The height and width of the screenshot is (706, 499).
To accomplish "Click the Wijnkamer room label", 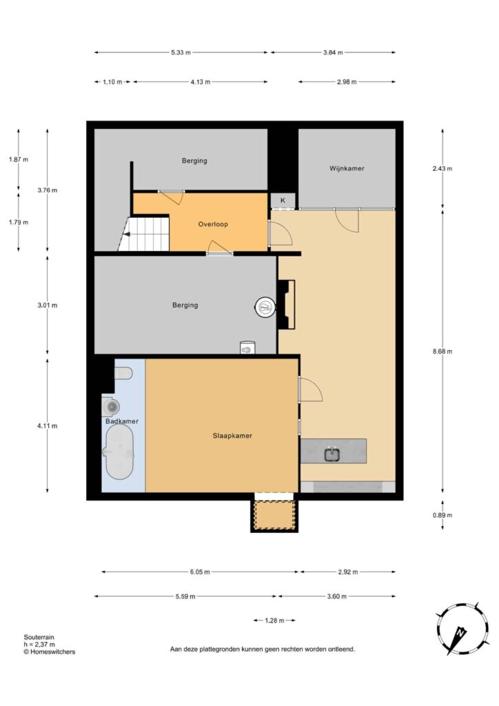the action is click(347, 168).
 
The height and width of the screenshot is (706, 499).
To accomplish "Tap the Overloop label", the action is click(213, 224).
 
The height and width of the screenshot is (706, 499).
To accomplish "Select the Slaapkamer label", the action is click(232, 436).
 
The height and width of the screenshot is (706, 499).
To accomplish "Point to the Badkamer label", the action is click(122, 421).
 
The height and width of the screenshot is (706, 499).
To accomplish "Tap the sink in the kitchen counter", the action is click(332, 454).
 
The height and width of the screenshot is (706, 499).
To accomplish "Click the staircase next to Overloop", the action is click(144, 234).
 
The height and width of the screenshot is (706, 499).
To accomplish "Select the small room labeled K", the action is click(283, 201).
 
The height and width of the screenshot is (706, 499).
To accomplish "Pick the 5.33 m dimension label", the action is click(181, 52).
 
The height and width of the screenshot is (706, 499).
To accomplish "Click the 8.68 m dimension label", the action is click(442, 351).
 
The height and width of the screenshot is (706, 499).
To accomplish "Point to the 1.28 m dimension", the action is click(274, 621).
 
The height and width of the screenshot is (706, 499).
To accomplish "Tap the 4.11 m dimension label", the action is click(48, 425).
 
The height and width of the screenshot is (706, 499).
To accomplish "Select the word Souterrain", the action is click(39, 637).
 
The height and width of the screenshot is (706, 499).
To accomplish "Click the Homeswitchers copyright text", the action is click(50, 652).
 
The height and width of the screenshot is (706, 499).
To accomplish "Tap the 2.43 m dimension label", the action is click(442, 168).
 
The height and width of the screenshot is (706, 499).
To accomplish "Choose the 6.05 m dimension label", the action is click(200, 572).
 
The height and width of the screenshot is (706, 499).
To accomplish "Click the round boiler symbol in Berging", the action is click(265, 308).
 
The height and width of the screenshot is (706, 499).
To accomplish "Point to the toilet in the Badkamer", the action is click(123, 373).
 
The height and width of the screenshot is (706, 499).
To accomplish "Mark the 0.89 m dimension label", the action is click(442, 515).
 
